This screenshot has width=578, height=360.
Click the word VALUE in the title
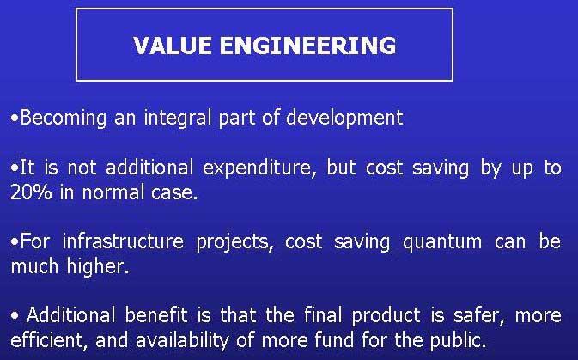tap(167, 46)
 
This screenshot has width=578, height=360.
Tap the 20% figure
tap(30, 192)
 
